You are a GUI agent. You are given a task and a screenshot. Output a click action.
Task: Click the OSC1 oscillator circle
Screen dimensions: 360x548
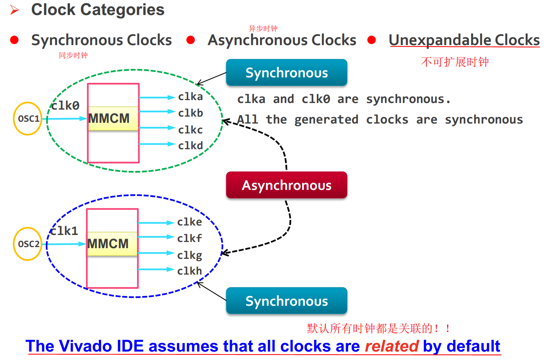pos(28,118)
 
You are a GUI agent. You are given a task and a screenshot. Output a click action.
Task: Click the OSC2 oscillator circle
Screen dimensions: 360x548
pos(28,244)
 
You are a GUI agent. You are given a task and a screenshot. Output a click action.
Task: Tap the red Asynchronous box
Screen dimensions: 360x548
pos(286,185)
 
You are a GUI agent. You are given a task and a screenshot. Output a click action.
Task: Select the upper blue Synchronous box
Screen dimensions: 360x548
pos(286,73)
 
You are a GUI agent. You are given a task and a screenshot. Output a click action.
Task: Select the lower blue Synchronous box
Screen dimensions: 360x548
pos(286,301)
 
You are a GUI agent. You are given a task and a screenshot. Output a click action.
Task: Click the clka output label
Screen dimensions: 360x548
pos(190,97)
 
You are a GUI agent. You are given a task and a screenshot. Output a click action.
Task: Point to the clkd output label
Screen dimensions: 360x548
pos(190,146)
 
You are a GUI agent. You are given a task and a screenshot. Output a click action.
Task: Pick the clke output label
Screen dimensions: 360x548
pos(189,222)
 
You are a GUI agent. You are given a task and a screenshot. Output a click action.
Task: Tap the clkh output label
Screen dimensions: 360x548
pos(189,271)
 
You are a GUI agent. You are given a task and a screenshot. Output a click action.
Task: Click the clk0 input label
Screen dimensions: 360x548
pos(65,106)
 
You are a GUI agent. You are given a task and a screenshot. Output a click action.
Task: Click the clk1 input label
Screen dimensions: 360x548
pos(64,231)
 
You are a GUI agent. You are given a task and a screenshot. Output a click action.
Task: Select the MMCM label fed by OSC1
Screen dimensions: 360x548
pos(109,118)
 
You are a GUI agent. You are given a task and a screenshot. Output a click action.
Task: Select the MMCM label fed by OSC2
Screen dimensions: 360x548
pos(108,244)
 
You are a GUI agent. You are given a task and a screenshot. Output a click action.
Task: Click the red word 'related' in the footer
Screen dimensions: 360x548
pos(391,346)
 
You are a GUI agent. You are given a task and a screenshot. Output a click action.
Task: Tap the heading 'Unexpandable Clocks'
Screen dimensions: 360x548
pos(464,40)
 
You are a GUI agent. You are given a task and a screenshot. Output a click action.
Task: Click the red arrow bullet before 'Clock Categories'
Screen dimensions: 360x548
pos(15,10)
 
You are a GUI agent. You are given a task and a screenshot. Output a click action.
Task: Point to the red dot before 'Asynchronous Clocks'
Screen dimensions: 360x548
pos(190,40)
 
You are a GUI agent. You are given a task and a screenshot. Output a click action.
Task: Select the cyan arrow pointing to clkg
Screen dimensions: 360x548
pos(156,253)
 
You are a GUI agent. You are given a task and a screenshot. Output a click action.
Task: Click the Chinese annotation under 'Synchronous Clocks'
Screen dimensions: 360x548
pos(73,55)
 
